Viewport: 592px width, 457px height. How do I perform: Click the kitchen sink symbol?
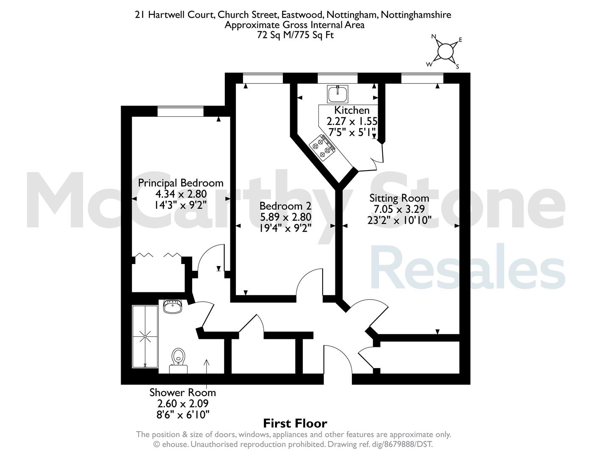pos(337,94)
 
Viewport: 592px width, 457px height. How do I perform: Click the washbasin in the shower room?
pos(172,306)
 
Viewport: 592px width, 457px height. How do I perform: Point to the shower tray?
pos(145,336)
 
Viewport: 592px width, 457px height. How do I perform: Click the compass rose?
pos(445,52)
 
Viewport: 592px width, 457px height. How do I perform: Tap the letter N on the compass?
pos(434,36)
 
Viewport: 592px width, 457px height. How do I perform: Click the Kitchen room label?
pos(352,110)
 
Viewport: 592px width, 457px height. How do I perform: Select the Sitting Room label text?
pos(399,198)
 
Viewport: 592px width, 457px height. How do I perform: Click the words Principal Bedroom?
pos(181,183)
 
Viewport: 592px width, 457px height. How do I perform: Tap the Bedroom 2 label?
pos(285,206)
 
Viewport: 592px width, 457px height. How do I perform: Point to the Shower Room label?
pos(183,393)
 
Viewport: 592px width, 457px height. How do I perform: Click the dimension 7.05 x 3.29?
pos(399,209)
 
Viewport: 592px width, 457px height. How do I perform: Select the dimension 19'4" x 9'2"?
pos(285,228)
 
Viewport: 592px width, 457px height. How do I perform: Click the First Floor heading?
pos(295,424)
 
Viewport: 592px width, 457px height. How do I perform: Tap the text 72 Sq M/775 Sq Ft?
pos(295,35)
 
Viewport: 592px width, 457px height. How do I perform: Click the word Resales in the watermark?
pos(467,267)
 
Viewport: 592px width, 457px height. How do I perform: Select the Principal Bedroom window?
pos(180,111)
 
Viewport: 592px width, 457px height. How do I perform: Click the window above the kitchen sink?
pos(337,78)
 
